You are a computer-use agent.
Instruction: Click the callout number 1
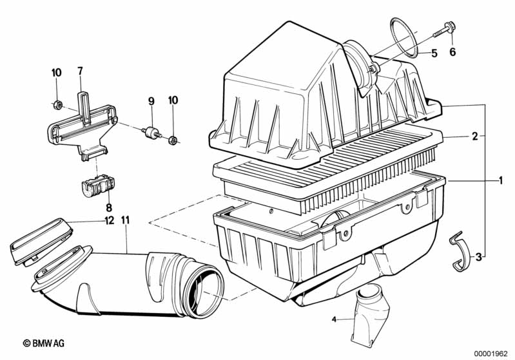coord(500,181)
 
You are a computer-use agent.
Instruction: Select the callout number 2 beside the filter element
coord(474,136)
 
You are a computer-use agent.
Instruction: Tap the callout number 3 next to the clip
coord(478,257)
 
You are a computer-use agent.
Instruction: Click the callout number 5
coord(434,53)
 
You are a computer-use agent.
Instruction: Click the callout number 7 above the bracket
coord(81,71)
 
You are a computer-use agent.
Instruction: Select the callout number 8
coord(109,207)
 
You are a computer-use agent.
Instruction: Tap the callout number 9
coord(151,100)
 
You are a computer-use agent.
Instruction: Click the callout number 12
coord(107,220)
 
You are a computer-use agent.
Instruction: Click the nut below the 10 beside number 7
coord(57,104)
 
